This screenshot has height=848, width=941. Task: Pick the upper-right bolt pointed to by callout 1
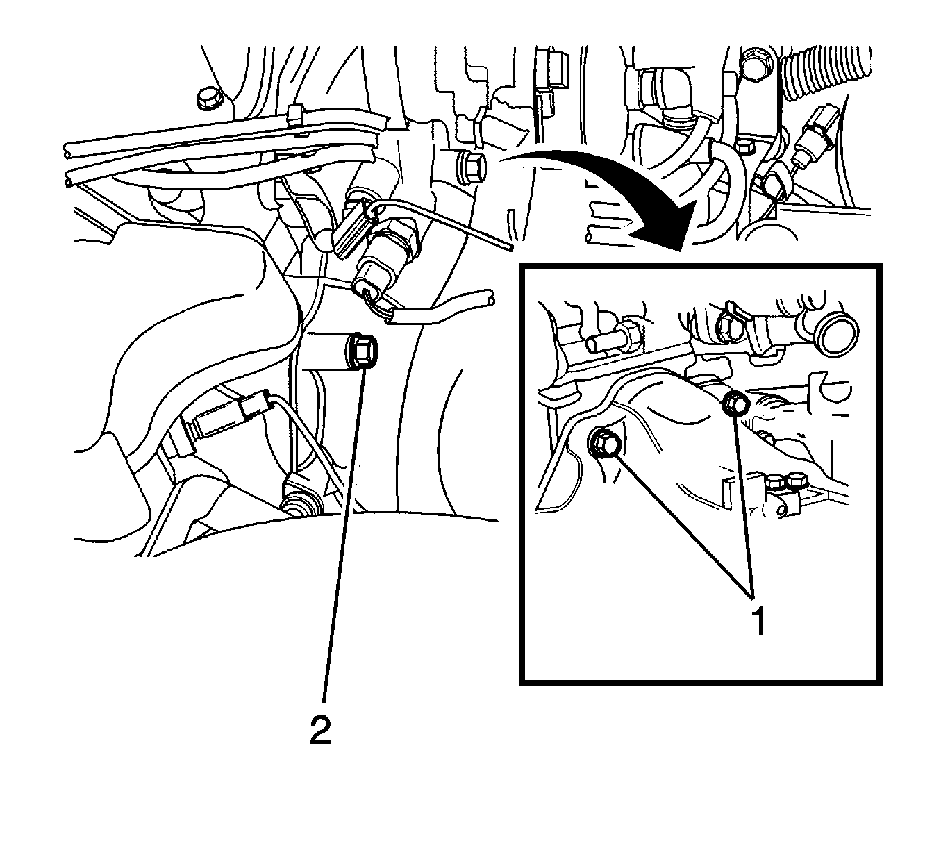click(x=735, y=402)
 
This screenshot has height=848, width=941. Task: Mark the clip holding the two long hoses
click(x=295, y=117)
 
